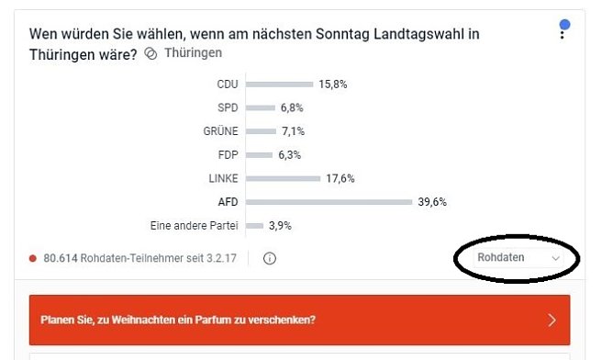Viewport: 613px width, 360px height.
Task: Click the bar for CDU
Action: pos(279,85)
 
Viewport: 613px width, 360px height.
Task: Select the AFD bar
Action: pos(329,202)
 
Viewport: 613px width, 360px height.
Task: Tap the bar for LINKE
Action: pos(283,179)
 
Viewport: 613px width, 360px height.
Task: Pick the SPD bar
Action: pos(261,108)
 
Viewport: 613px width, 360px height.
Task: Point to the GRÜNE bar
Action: pos(261,132)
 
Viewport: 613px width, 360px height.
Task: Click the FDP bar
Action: pos(259,155)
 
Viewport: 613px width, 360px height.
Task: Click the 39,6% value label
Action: pos(432,202)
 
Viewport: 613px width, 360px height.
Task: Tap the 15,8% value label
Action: pos(333,85)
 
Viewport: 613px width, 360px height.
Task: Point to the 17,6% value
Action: pos(340,179)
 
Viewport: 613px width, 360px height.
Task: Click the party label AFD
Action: pos(227,202)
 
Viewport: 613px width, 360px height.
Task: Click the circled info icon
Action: pos(270,259)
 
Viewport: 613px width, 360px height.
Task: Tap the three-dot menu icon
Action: pos(563,34)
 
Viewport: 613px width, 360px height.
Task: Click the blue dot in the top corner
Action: pos(565,24)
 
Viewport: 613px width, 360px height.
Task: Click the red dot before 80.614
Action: pos(33,259)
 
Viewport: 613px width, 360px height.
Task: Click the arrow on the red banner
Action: pos(552,321)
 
